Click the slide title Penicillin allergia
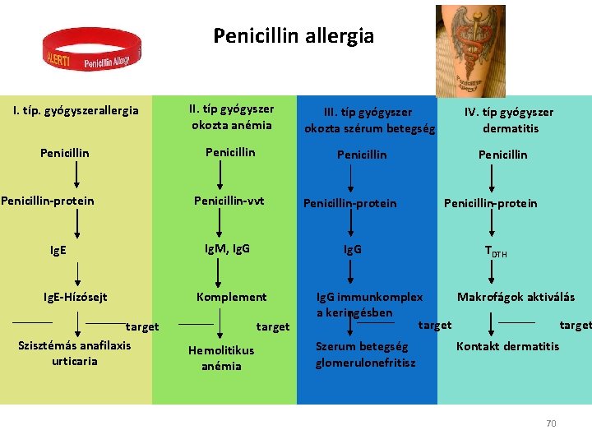294,36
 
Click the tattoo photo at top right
470,51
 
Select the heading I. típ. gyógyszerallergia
76,110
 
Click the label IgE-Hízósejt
76,297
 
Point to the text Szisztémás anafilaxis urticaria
74,353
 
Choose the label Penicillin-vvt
229,201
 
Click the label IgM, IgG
227,247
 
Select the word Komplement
231,297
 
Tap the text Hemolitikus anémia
221,358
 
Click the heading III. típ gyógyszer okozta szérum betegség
369,119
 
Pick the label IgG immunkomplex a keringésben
370,304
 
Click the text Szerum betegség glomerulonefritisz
365,354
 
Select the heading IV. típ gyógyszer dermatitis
509,119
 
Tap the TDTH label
495,252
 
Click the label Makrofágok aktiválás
516,297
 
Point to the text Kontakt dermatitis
507,346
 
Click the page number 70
551,423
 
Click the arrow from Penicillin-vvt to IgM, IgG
219,224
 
